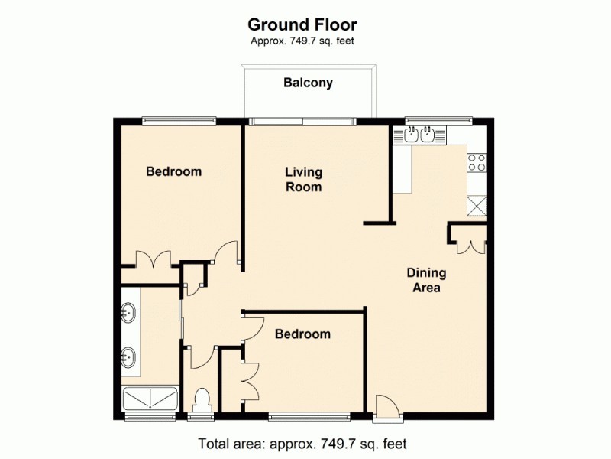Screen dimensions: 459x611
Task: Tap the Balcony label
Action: [308, 83]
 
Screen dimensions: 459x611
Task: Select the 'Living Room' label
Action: [303, 179]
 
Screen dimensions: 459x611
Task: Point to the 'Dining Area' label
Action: [426, 281]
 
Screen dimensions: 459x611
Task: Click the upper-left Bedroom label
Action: [174, 171]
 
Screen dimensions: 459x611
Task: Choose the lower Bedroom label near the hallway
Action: [303, 334]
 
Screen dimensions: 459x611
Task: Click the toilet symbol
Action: [202, 401]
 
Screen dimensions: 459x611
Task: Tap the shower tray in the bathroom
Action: [150, 399]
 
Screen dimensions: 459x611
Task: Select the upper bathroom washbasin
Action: [129, 311]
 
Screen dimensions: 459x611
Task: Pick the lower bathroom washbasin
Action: [129, 356]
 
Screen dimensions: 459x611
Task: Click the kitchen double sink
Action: [419, 136]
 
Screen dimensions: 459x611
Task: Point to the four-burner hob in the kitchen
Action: [477, 163]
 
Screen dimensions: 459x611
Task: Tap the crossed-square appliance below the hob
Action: [477, 207]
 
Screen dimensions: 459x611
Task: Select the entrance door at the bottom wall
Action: [386, 407]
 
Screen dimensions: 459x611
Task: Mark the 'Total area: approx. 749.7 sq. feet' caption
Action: [302, 443]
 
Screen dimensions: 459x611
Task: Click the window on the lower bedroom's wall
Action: [309, 417]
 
